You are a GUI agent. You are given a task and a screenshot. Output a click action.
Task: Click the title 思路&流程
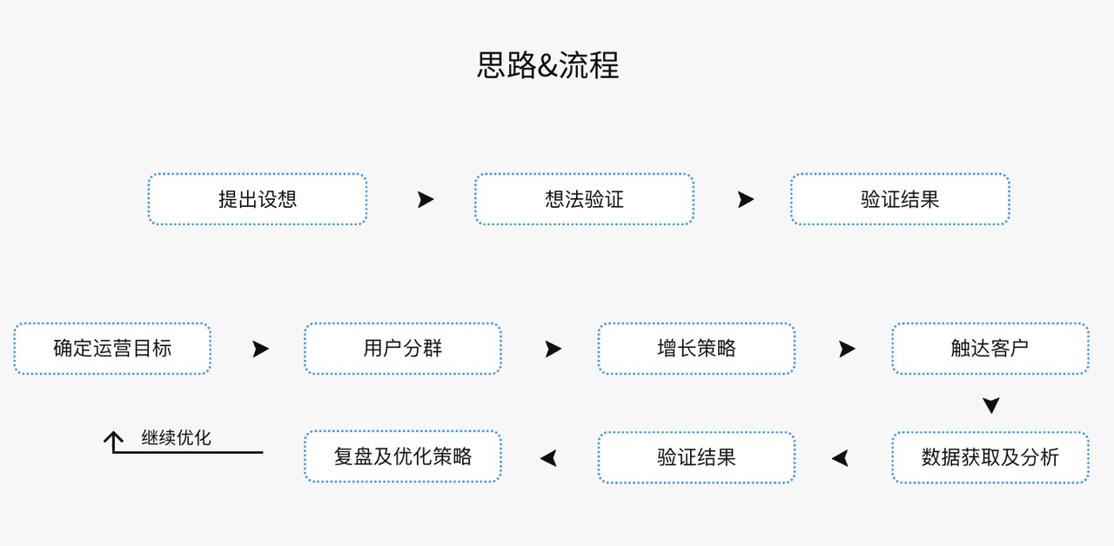[x=548, y=65]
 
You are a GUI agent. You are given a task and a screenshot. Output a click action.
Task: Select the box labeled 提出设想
[x=258, y=199]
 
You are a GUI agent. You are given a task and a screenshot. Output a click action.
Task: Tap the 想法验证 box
[x=584, y=199]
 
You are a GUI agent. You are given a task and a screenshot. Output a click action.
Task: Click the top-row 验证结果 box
[x=900, y=199]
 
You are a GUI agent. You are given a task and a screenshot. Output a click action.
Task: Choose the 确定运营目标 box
[x=112, y=349]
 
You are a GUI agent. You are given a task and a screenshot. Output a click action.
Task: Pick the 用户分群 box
[x=403, y=349]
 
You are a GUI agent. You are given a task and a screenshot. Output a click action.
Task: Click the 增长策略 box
[x=697, y=349]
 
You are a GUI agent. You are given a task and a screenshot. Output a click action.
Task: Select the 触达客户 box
[x=990, y=349]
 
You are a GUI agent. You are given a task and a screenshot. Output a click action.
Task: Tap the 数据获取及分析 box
[x=990, y=457]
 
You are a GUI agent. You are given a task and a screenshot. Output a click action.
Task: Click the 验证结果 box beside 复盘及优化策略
[x=697, y=457]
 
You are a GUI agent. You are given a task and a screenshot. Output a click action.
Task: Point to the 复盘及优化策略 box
[x=403, y=456]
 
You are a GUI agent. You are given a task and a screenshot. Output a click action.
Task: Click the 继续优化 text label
[x=176, y=437]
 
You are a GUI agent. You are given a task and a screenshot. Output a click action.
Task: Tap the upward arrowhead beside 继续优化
[x=113, y=437]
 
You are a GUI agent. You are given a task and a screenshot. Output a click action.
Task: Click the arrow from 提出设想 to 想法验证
[x=426, y=199]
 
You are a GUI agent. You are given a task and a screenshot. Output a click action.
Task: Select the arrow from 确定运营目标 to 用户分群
[x=260, y=349]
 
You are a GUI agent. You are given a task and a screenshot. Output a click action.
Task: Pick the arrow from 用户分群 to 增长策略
[x=554, y=349]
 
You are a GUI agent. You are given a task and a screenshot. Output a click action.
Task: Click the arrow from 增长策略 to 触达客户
[x=848, y=349]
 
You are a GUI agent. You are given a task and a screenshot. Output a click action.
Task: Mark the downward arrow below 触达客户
[x=991, y=405]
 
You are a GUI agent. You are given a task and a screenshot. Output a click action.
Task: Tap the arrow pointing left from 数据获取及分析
[x=840, y=458]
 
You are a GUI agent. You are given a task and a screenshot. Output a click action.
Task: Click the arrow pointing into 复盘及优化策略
[x=548, y=458]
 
